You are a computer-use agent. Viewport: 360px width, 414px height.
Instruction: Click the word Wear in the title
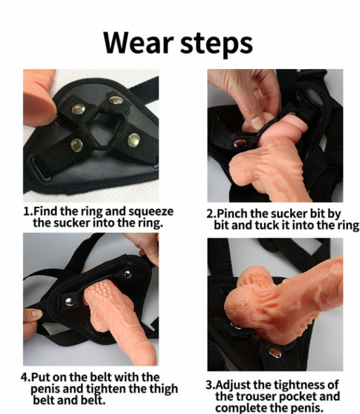(x=139, y=43)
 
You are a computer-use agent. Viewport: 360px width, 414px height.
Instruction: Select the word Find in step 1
(x=46, y=211)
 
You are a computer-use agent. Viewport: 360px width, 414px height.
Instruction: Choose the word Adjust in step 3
(x=233, y=385)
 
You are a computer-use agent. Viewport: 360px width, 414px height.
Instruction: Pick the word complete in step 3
(x=242, y=409)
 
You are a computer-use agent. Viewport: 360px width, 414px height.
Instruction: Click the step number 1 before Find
(x=26, y=211)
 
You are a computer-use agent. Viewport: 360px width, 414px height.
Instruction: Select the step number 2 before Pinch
(x=210, y=214)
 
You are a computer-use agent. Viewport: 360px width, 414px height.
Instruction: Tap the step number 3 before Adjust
(x=209, y=385)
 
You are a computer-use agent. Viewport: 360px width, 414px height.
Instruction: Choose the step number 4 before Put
(x=24, y=377)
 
